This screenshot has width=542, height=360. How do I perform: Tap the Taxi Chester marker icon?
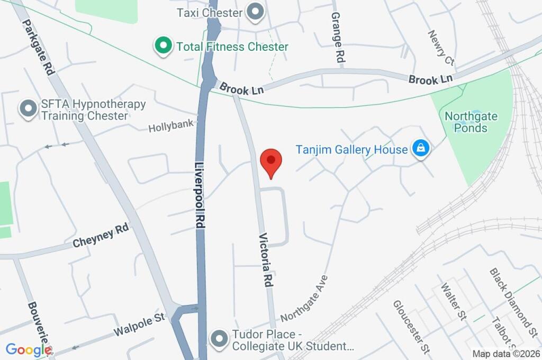[x=256, y=12]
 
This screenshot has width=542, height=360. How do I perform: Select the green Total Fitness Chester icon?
[x=164, y=47]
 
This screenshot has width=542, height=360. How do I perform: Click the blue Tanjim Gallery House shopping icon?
[x=421, y=149]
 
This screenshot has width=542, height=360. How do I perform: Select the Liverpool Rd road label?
[x=200, y=195]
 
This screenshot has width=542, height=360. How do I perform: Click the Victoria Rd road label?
[x=266, y=260]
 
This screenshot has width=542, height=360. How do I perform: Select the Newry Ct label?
[x=441, y=47]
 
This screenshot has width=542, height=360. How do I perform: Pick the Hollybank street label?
[x=171, y=127]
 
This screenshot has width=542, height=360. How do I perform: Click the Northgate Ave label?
[x=304, y=299]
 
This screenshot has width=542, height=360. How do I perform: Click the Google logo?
[x=29, y=349]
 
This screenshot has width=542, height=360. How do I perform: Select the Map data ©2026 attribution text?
[x=505, y=354]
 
